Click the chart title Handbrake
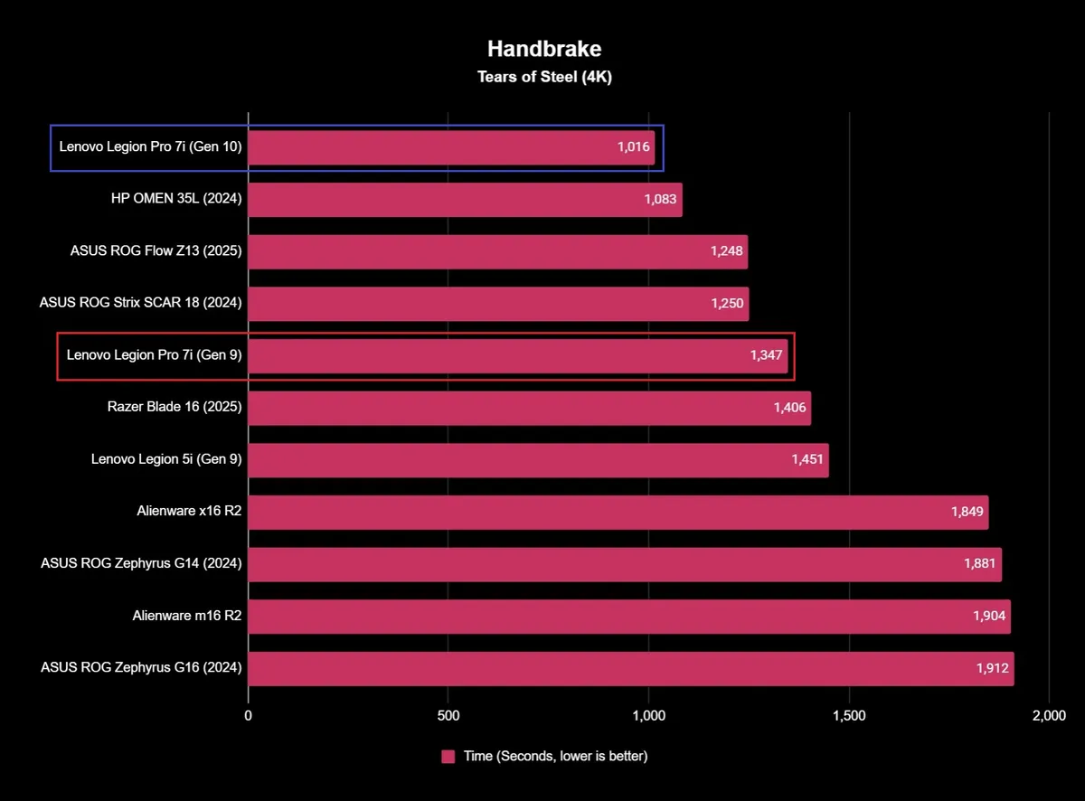(544, 48)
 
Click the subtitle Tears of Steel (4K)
(544, 77)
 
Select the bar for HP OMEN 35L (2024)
(465, 200)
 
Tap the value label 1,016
(634, 147)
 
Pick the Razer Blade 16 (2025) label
(174, 408)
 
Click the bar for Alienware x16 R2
(618, 513)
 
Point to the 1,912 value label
(991, 668)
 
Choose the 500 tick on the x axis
(448, 716)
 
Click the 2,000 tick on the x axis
(1049, 716)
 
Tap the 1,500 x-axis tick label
(848, 716)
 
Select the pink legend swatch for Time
(448, 757)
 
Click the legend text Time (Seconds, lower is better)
(555, 757)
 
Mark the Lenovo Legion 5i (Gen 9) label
(166, 460)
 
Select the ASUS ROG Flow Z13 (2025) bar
(497, 251)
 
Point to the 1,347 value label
(766, 355)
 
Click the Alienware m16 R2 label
(186, 617)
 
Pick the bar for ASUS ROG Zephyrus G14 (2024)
(624, 564)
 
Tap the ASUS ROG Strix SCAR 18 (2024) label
(141, 304)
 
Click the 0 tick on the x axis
(249, 716)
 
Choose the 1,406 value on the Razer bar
(789, 408)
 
